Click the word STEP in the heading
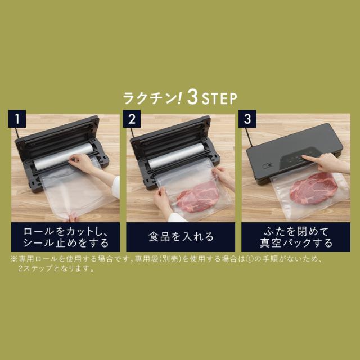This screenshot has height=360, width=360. tap(219, 98)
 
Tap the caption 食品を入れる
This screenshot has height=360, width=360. tap(180, 236)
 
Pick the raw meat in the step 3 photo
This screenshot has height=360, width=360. tap(313, 187)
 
